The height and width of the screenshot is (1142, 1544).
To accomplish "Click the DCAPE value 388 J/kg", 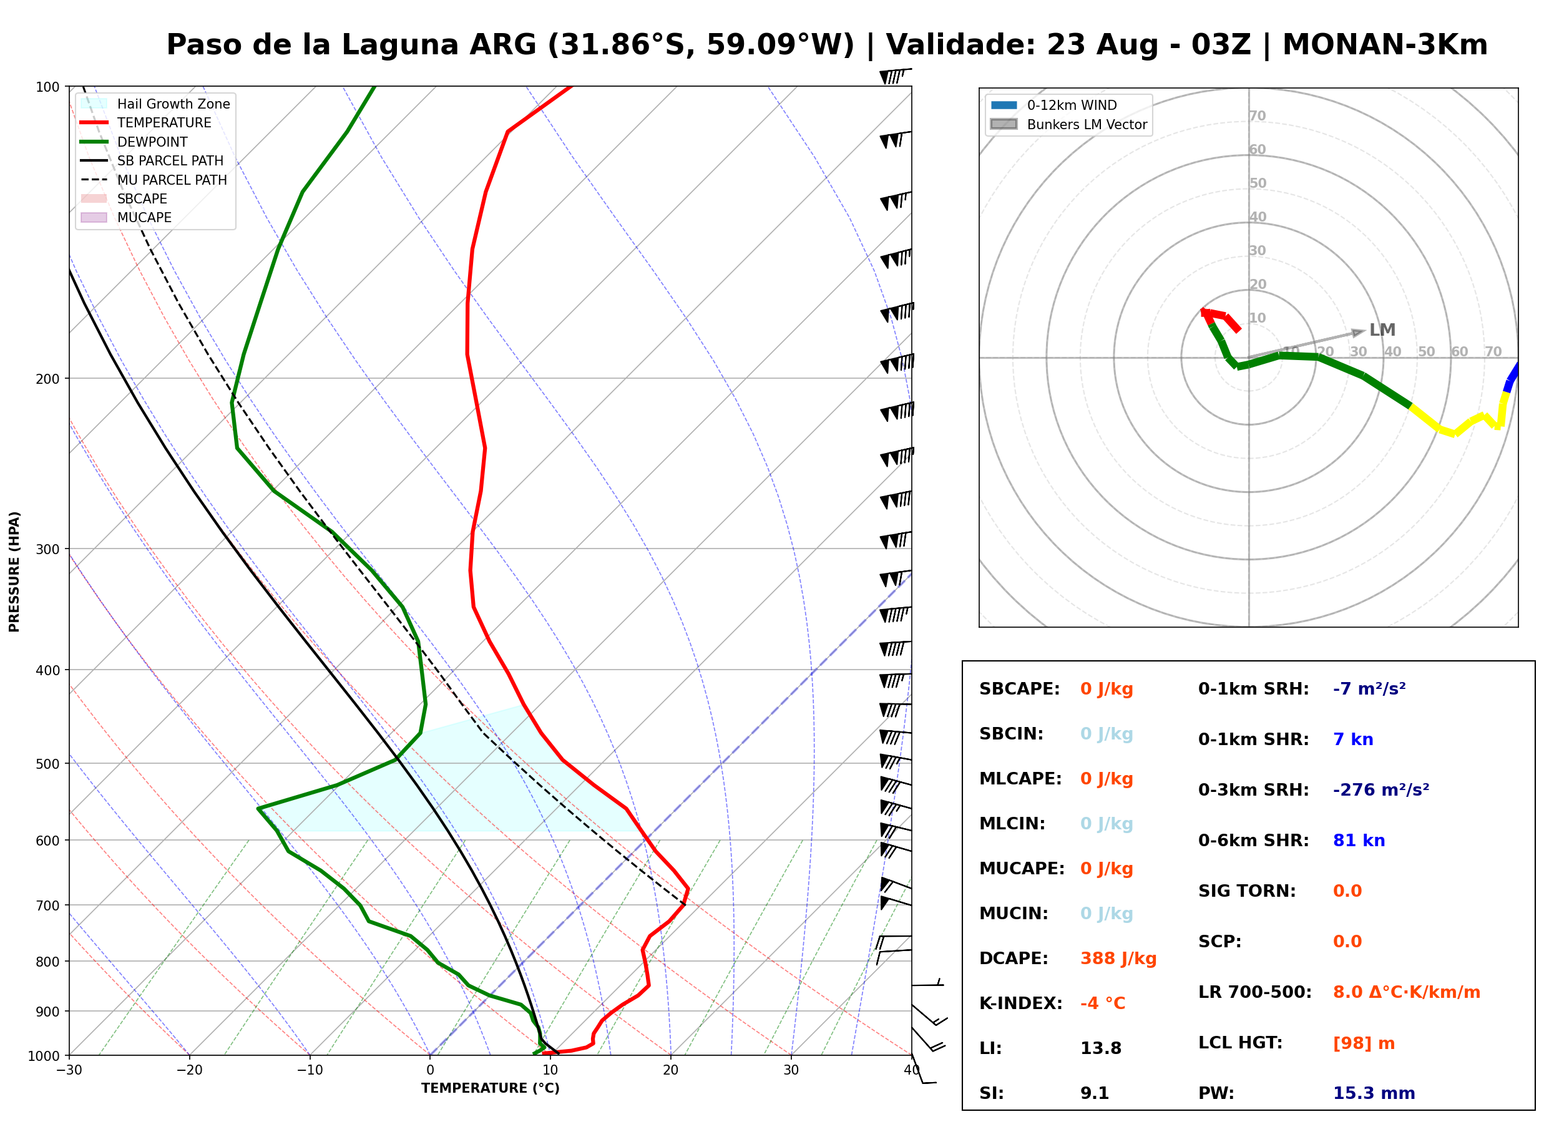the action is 1118,959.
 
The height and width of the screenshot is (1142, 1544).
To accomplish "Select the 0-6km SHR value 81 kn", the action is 1359,841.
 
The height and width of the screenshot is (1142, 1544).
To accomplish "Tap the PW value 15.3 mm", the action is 1374,1093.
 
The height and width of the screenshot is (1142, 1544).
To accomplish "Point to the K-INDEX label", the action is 1021,1003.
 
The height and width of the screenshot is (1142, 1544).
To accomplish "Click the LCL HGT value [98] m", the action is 1364,1043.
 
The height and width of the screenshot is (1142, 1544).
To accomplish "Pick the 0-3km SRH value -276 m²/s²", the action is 1381,789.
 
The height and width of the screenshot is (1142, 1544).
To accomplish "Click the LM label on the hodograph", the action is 1382,331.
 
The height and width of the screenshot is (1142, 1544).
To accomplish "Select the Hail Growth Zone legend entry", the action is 155,104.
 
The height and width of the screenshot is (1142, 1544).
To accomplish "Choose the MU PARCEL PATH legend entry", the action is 154,180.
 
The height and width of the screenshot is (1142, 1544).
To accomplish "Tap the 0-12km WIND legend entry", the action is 1054,105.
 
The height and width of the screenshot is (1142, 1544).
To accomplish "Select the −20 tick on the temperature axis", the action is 189,1071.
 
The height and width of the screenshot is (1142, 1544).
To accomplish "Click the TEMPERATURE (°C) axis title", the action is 491,1089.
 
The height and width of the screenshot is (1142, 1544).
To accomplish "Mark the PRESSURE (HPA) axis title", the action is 14,572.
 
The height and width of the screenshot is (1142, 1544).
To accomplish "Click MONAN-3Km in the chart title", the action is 1385,45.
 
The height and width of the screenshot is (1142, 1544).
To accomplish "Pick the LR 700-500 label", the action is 1255,993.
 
